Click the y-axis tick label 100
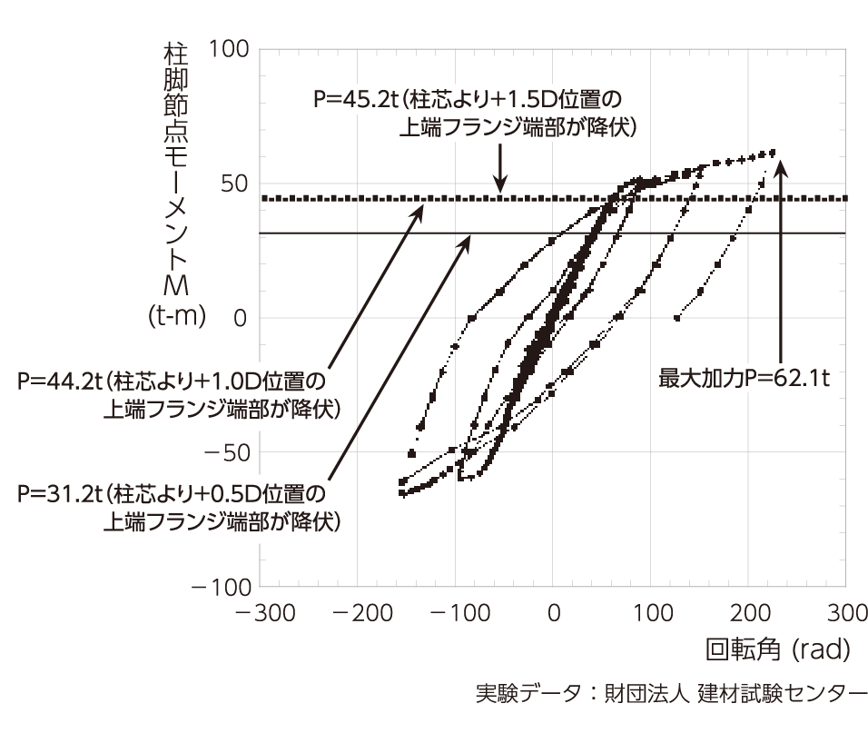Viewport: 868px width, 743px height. pyautogui.click(x=229, y=49)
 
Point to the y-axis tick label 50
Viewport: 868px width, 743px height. pyautogui.click(x=235, y=183)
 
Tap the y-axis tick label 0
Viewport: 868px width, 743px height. pyautogui.click(x=241, y=318)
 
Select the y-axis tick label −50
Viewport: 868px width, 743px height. pyautogui.click(x=228, y=453)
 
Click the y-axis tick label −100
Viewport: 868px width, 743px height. pyautogui.click(x=222, y=587)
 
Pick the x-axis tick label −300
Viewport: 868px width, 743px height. pyautogui.click(x=265, y=613)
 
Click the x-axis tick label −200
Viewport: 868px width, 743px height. pyautogui.click(x=362, y=613)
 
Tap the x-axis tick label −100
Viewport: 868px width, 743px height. pyautogui.click(x=460, y=613)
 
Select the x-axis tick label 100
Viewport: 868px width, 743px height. pyautogui.click(x=653, y=613)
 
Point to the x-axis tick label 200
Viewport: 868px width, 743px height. pyautogui.click(x=750, y=613)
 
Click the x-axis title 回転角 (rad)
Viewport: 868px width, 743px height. pyautogui.click(x=778, y=649)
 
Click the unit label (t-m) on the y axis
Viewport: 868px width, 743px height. pyautogui.click(x=177, y=315)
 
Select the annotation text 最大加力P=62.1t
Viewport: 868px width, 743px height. pyautogui.click(x=744, y=378)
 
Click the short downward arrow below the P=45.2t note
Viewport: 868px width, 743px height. pyautogui.click(x=500, y=168)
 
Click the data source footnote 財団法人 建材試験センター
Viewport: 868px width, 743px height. pyautogui.click(x=735, y=693)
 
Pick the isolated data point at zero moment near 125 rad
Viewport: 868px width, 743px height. pyautogui.click(x=676, y=318)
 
